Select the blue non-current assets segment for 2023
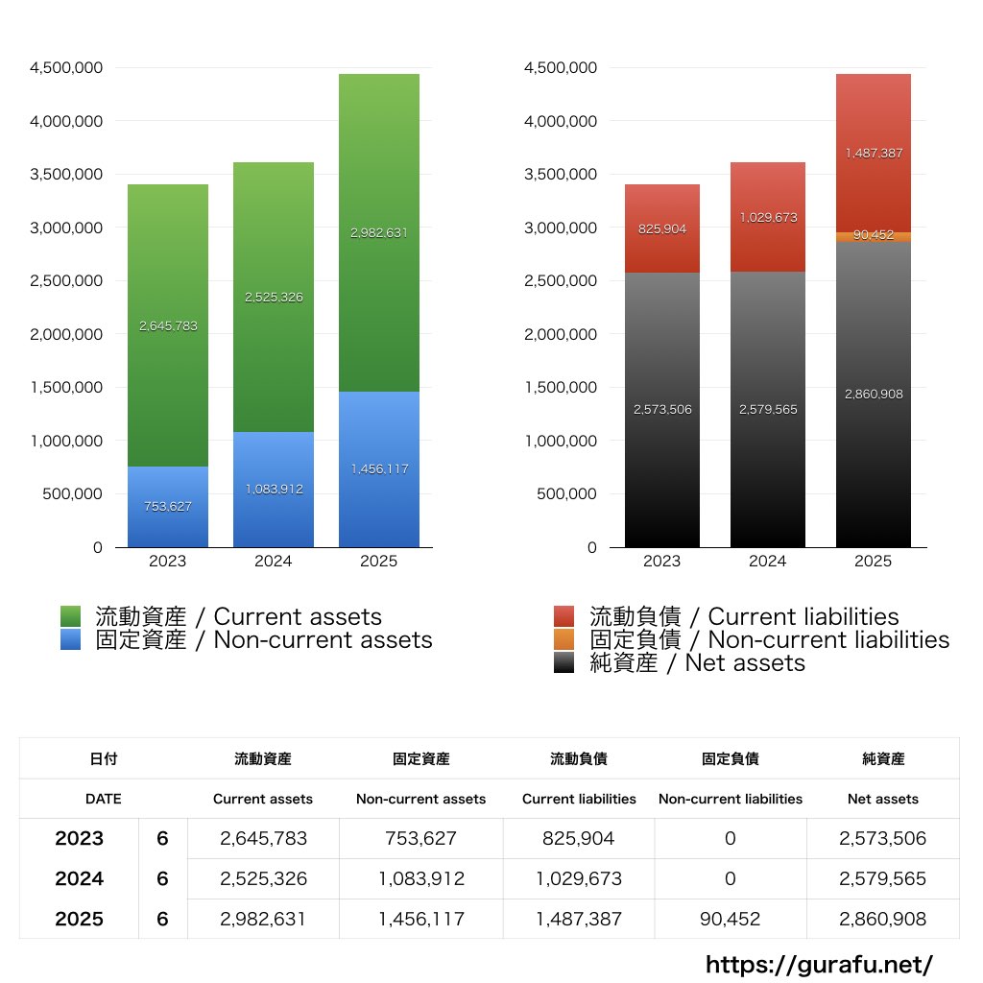168,507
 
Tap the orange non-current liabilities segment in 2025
874,236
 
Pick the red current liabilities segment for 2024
768,217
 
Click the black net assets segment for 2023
662,410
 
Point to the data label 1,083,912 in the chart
274,489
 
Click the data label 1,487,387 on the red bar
874,153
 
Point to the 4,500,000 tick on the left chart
66,68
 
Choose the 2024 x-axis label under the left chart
274,562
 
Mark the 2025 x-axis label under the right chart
874,562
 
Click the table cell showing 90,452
731,919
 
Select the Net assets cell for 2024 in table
883,878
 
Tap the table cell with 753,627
421,838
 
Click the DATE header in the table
104,799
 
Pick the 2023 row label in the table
80,838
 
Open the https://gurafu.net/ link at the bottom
820,964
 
